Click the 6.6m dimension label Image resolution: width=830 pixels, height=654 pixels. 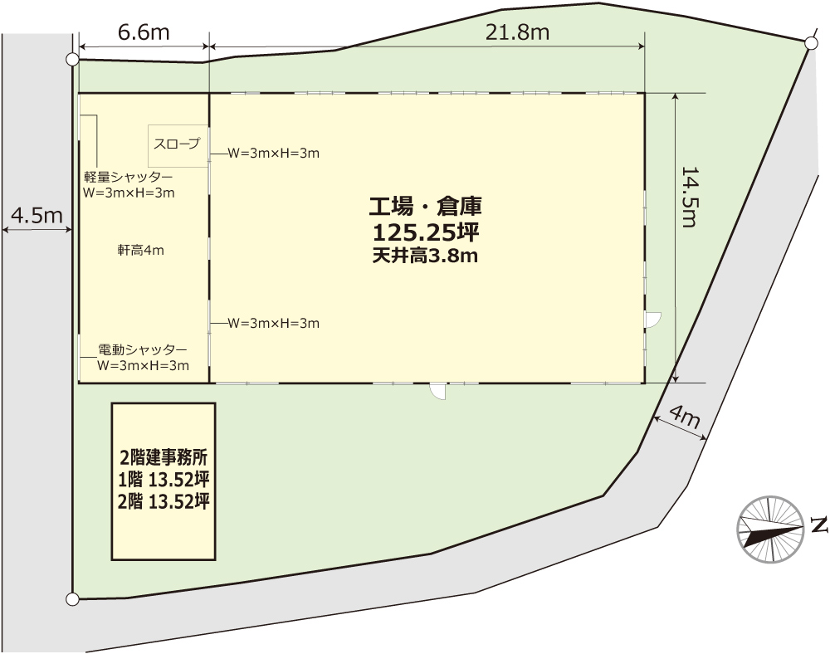tap(144, 33)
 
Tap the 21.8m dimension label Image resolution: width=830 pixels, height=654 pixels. tap(517, 33)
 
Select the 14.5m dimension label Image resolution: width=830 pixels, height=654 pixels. tap(689, 197)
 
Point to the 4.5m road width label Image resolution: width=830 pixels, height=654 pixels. tap(37, 215)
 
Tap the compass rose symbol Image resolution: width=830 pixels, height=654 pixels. tap(771, 530)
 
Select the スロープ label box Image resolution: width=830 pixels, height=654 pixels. tap(178, 146)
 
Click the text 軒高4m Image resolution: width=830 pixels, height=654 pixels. tap(141, 251)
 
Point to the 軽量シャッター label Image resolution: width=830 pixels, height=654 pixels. tap(128, 177)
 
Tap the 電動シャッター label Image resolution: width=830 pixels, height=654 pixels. tap(143, 349)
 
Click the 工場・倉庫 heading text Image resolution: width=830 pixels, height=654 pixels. tap(425, 207)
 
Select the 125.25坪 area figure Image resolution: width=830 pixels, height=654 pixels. tap(426, 232)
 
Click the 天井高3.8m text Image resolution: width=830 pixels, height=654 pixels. tap(425, 256)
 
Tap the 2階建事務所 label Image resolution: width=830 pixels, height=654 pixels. tap(164, 457)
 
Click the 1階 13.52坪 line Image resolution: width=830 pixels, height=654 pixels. tap(164, 480)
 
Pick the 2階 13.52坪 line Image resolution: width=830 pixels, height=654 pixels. tap(164, 501)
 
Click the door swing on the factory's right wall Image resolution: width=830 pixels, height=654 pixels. tap(653, 320)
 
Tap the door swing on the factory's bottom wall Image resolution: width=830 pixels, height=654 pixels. tap(437, 391)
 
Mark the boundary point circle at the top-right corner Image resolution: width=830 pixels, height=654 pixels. tap(810, 44)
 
